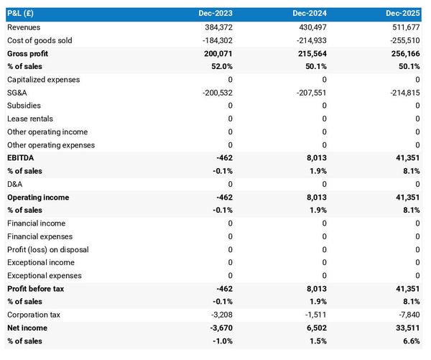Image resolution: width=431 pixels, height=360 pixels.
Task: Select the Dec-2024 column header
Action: pos(310,14)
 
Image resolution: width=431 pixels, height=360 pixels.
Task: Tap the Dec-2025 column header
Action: pos(402,14)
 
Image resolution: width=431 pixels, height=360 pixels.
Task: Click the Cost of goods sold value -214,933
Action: pos(310,40)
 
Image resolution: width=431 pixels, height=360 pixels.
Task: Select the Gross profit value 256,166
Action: pos(403,54)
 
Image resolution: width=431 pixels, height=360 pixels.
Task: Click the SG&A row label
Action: pos(17,93)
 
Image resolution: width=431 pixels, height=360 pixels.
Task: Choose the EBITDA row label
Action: pos(20,158)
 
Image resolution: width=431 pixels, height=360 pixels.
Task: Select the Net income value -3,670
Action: pos(218,328)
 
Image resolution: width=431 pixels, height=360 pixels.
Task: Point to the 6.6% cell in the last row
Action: pos(410,341)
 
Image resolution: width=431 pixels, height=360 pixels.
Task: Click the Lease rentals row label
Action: pos(30,119)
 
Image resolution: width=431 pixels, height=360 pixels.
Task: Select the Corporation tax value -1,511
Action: pos(312,315)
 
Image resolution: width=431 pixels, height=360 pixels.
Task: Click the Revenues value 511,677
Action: pos(403,27)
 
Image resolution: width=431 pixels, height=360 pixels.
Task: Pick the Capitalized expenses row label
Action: pos(43,80)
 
